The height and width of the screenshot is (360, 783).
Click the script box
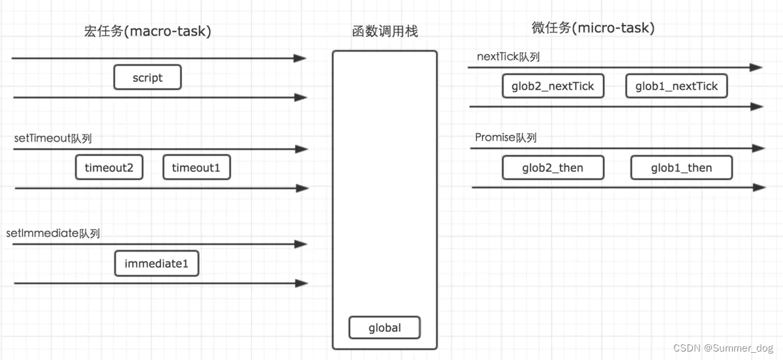[x=147, y=78]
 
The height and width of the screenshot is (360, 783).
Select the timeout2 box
[x=109, y=168]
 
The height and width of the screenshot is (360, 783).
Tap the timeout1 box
[x=196, y=168]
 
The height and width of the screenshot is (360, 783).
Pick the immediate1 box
[x=157, y=264]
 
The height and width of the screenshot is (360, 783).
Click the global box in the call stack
[x=384, y=327]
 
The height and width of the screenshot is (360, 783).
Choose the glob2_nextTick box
[x=553, y=86]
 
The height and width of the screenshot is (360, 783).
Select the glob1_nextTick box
[x=677, y=86]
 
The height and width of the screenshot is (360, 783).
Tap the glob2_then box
[x=553, y=168]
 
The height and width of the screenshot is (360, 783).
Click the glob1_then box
[x=681, y=168]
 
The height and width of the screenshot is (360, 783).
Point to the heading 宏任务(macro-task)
[x=147, y=31]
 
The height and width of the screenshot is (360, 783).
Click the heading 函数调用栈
[x=384, y=31]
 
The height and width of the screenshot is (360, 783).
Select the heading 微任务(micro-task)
[x=593, y=28]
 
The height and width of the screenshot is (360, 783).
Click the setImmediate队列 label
[x=53, y=233]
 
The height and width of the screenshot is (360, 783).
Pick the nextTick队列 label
[x=508, y=57]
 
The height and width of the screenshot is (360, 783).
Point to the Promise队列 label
[x=506, y=138]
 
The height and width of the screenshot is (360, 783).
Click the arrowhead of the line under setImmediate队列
[x=301, y=244]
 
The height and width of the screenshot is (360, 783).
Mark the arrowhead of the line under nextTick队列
[x=756, y=67]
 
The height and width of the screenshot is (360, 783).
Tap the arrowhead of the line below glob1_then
[x=759, y=188]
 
